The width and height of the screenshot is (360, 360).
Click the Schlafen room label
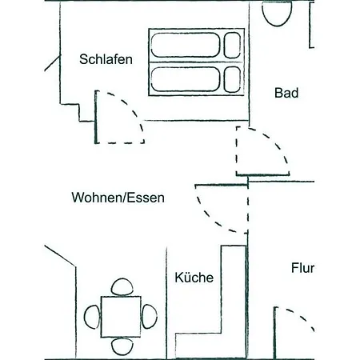[x=106, y=59]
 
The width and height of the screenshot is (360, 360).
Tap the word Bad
[x=286, y=93]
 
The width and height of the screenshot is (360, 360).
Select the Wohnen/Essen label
[x=118, y=198]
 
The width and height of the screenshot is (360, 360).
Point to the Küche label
[x=194, y=278]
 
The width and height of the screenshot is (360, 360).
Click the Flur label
[x=302, y=268]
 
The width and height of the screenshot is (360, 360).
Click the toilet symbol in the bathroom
[x=277, y=14]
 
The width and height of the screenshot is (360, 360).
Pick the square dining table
[x=121, y=317]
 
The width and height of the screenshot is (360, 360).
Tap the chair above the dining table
[x=122, y=287]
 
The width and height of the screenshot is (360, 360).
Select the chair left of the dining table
[x=92, y=317]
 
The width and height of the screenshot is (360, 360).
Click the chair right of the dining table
[x=150, y=317]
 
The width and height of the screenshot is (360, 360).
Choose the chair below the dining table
[x=122, y=346]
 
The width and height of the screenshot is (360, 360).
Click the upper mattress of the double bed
[x=186, y=45]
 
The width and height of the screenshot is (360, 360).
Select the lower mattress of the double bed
[x=186, y=79]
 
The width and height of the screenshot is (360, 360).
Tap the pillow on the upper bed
[x=232, y=45]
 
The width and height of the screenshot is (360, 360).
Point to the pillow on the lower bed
[x=232, y=79]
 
